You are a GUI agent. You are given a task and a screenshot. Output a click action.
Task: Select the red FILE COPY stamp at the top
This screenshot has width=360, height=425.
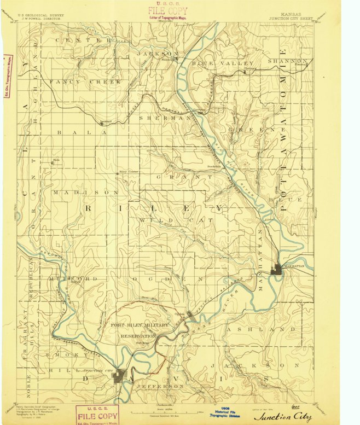(167, 11)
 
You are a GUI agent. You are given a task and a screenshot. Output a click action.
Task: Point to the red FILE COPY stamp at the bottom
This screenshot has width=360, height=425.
(97, 415)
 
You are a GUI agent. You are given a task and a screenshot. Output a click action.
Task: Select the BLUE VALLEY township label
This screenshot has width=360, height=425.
(215, 64)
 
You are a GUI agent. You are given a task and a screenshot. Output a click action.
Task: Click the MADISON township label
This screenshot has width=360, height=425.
(86, 193)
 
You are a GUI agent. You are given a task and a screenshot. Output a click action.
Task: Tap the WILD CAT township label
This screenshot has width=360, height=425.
(159, 220)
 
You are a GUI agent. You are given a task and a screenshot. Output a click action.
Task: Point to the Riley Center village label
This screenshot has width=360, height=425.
(130, 172)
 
